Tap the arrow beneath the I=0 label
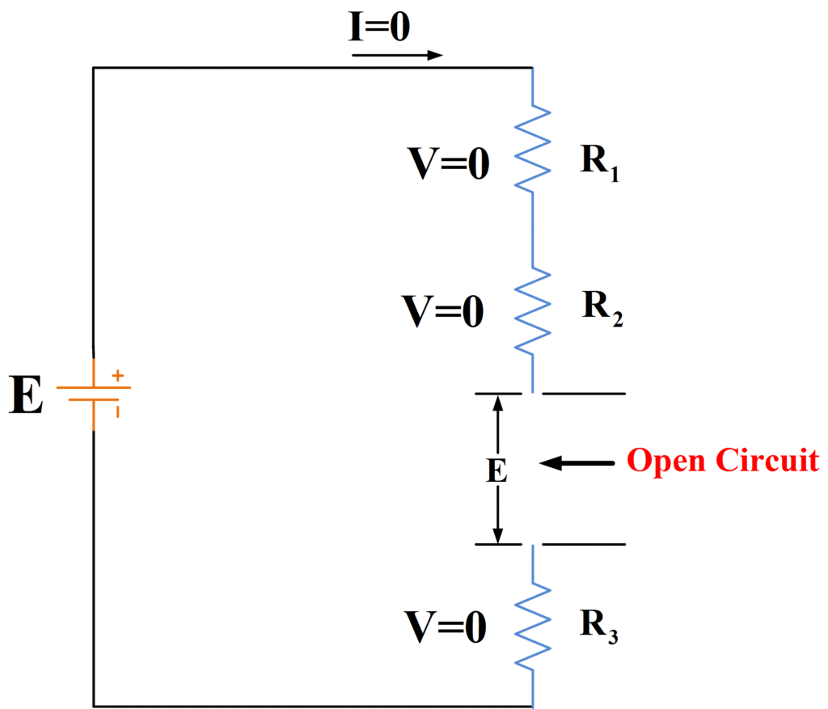point(397,56)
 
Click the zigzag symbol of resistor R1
point(533,150)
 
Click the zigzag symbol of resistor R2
point(533,310)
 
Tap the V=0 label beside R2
point(446,311)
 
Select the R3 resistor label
point(599,625)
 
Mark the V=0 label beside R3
point(446,627)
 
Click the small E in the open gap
point(496,471)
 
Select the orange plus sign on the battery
point(118,375)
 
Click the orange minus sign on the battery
point(118,411)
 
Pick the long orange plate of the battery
point(94,387)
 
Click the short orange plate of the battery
point(94,400)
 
